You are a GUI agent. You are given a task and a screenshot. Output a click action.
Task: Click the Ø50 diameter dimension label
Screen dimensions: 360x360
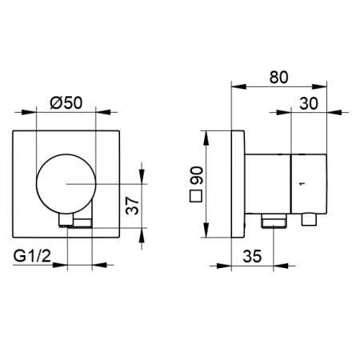tap(65, 102)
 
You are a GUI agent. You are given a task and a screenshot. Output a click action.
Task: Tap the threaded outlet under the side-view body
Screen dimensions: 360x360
tap(275, 220)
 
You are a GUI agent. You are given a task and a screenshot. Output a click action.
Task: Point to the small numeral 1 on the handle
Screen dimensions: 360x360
tap(301, 184)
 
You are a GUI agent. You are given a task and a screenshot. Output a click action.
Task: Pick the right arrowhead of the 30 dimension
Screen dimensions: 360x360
tap(326, 113)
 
